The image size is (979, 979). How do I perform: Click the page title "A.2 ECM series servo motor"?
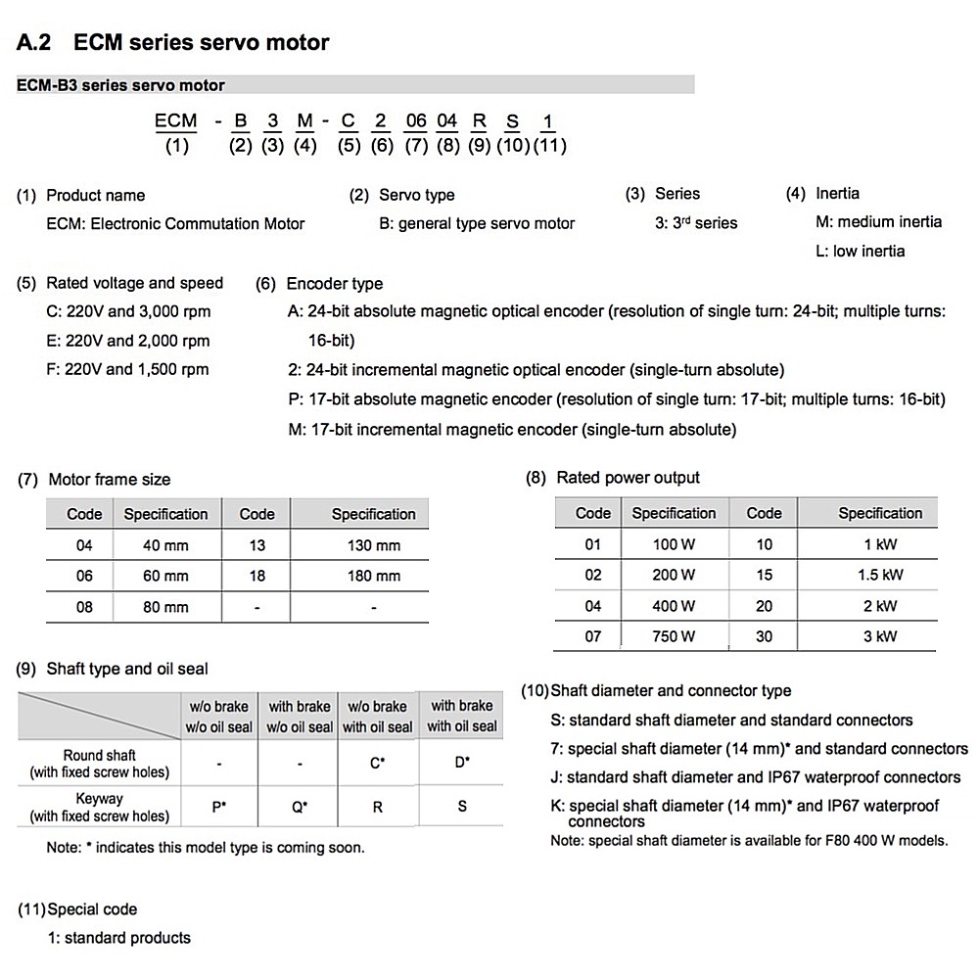tap(173, 43)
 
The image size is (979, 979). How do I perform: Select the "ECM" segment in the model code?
tap(176, 120)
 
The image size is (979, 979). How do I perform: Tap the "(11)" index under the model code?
tap(548, 146)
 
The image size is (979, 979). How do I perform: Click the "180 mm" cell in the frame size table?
tap(373, 576)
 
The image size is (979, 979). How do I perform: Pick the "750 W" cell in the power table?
tap(674, 636)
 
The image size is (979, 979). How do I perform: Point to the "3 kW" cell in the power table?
tap(880, 636)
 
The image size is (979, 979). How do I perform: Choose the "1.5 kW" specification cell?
tap(880, 575)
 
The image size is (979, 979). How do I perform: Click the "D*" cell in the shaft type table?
tap(462, 762)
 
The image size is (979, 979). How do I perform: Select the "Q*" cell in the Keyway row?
tap(300, 808)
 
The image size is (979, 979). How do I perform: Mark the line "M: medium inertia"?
tap(878, 222)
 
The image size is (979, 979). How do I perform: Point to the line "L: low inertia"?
tap(860, 252)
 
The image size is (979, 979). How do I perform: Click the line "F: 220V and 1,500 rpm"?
tap(120, 369)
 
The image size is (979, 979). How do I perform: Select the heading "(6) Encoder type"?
tap(319, 284)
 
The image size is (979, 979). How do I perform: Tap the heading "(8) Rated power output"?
tap(614, 478)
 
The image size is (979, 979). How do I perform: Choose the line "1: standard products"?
tap(119, 938)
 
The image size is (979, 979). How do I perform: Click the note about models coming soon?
tap(206, 848)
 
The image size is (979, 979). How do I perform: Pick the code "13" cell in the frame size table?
tap(256, 545)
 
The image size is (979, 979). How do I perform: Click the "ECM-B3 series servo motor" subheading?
tap(121, 86)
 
